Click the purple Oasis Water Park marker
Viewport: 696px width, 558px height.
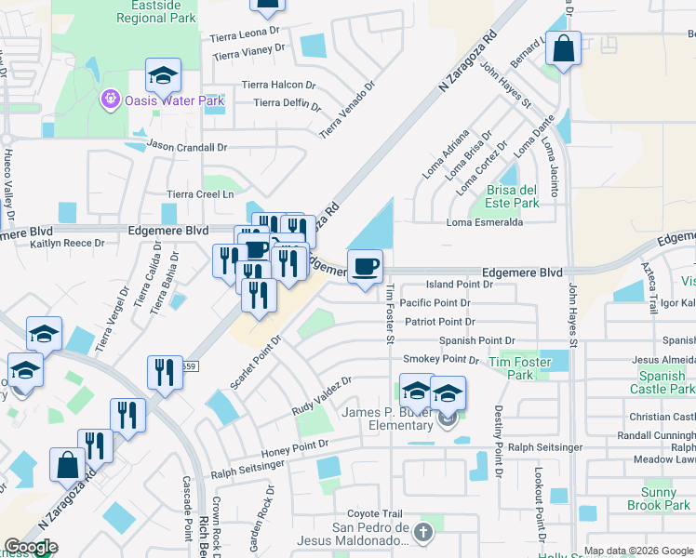(110, 99)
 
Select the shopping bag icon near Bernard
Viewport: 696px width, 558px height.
(563, 49)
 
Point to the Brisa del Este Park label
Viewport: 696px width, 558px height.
(512, 196)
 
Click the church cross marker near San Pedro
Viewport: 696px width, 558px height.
(423, 532)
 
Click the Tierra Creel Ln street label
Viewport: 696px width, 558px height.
(199, 194)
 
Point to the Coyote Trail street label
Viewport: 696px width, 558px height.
(375, 513)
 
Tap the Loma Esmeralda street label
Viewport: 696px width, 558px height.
(485, 222)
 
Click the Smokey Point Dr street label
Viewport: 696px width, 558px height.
(439, 360)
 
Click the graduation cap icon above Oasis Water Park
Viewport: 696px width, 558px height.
(163, 75)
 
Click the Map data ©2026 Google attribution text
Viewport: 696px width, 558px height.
(638, 551)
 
